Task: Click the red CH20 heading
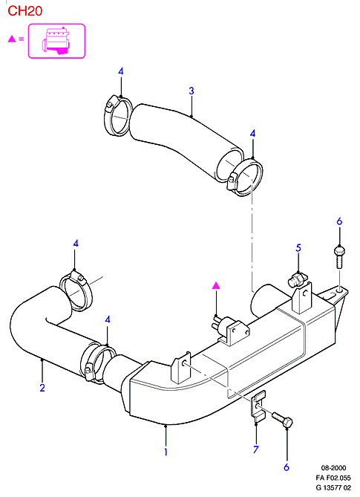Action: tap(24, 11)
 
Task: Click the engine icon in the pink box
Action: tap(56, 41)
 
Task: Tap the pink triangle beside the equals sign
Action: tap(12, 39)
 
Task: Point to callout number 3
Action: tap(192, 91)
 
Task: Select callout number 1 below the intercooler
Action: tap(166, 452)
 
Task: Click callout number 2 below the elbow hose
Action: tap(42, 387)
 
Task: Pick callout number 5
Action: tap(298, 248)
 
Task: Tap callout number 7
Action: tap(256, 449)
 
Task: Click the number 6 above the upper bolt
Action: tap(339, 221)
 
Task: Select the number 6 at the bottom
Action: tap(287, 467)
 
